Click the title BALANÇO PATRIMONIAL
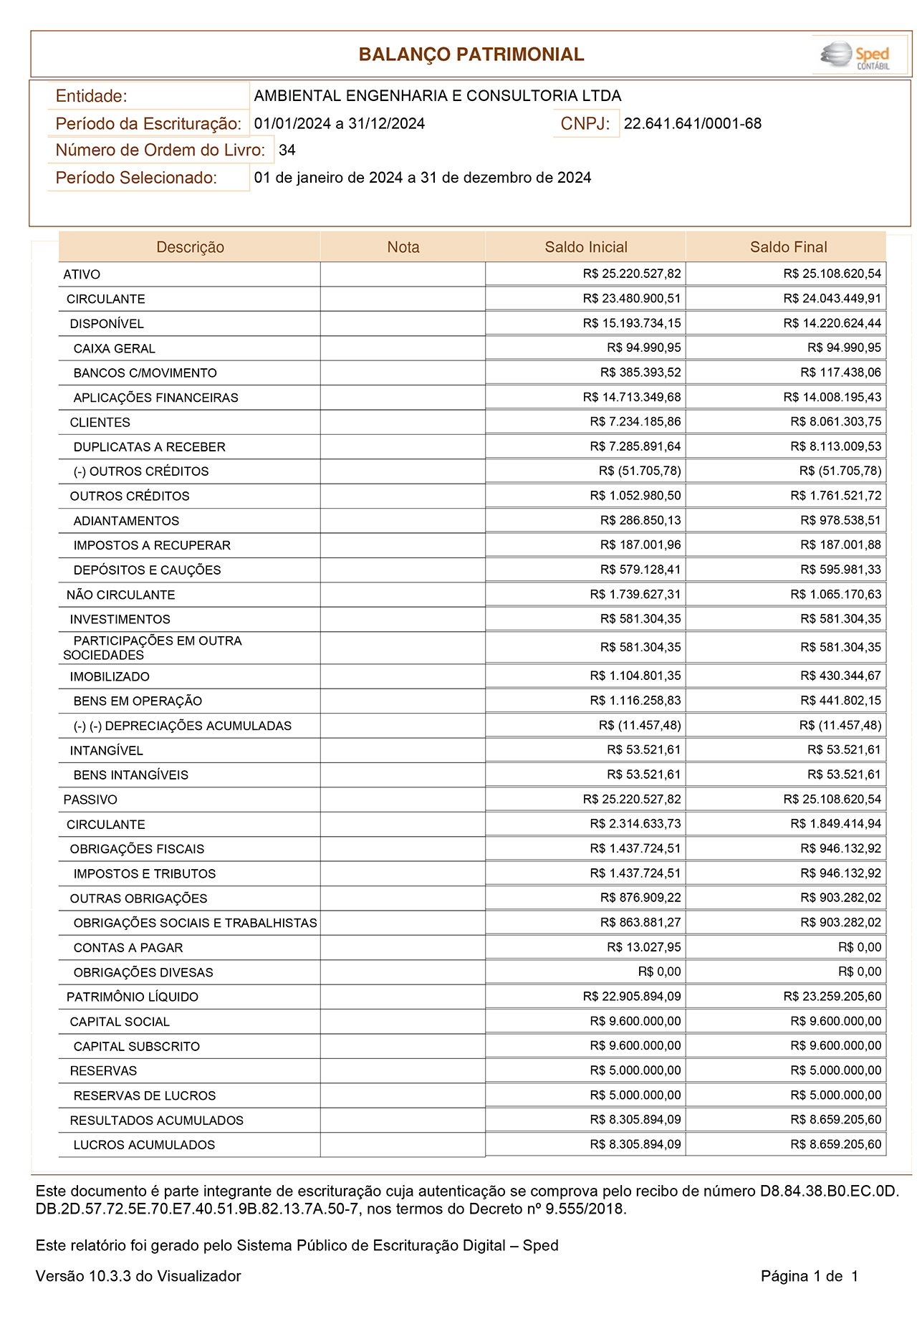[x=471, y=54]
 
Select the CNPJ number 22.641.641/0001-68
[x=692, y=124]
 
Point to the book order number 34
[x=287, y=150]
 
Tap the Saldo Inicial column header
[x=585, y=247]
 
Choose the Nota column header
[x=403, y=247]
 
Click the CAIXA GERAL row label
[x=115, y=349]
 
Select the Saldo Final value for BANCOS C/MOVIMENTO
[x=840, y=373]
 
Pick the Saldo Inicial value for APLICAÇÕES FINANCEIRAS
[x=632, y=397]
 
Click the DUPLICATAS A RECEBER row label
[x=149, y=447]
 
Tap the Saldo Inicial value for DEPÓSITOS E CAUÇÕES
[x=640, y=570]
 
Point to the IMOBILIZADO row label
[x=110, y=676]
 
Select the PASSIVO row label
[x=90, y=800]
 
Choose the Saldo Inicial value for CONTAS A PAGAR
[x=643, y=947]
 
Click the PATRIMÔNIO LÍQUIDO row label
[x=133, y=997]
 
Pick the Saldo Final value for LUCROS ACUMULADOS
[x=835, y=1144]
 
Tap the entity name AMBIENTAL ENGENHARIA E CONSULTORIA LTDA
[x=437, y=96]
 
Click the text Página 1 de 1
[x=809, y=1276]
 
